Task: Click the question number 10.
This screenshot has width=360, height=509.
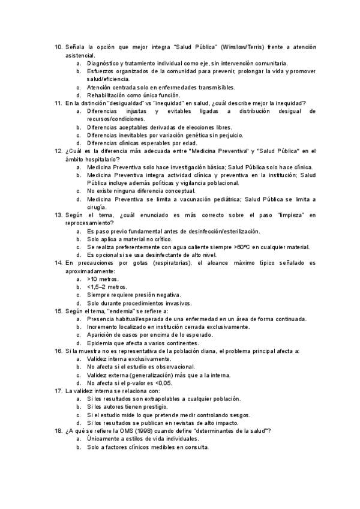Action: [x=58, y=47]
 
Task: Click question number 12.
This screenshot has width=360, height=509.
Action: [x=58, y=151]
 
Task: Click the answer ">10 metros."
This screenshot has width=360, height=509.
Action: [x=103, y=279]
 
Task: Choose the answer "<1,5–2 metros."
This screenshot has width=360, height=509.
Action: [x=107, y=287]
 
